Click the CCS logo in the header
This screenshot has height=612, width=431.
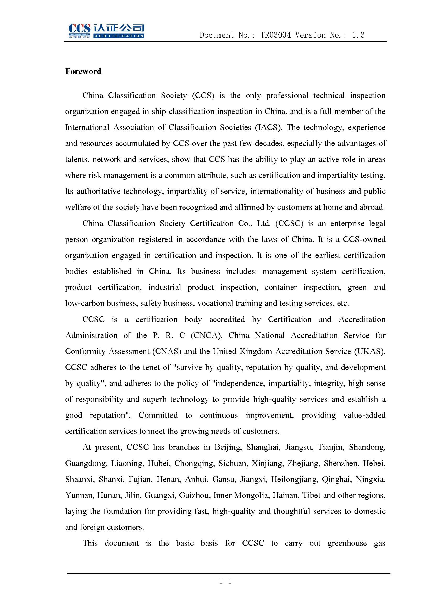[106, 31]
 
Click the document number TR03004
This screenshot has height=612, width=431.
[275, 35]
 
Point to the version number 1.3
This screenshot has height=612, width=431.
[358, 35]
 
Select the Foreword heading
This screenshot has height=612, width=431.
[83, 71]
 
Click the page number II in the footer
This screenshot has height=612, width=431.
[225, 581]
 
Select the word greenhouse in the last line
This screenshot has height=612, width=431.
[347, 543]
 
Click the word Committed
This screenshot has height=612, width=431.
[158, 415]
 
